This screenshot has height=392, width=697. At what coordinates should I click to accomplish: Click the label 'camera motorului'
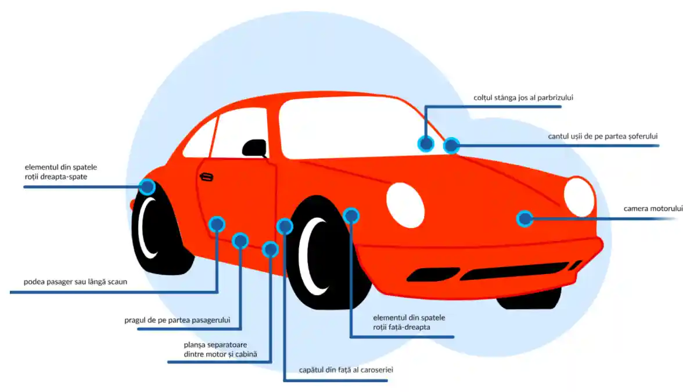click(653, 208)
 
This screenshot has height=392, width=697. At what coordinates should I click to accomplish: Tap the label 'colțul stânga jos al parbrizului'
click(523, 98)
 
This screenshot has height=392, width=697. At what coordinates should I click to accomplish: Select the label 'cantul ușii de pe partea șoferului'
click(602, 136)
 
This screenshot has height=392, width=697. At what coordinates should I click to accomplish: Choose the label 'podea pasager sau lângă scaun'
click(75, 283)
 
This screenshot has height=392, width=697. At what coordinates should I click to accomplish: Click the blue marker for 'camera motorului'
click(524, 219)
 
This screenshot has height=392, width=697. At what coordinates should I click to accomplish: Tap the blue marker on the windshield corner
click(426, 143)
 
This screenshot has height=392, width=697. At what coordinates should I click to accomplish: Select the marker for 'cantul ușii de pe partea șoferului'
click(451, 146)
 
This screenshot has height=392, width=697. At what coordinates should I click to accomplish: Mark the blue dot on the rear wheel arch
click(147, 187)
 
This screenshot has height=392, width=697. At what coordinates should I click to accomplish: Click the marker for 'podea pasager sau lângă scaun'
click(217, 224)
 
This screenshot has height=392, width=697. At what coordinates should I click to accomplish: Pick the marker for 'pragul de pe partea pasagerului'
click(240, 240)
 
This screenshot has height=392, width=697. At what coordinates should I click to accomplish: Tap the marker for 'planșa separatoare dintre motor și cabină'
click(270, 250)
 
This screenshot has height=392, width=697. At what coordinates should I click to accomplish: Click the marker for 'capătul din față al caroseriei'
click(285, 226)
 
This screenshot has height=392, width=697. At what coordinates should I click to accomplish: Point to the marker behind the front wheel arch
click(351, 216)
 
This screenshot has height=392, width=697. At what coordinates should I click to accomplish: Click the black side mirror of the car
click(254, 148)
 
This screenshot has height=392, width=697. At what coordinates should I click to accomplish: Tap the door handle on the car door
click(206, 177)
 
